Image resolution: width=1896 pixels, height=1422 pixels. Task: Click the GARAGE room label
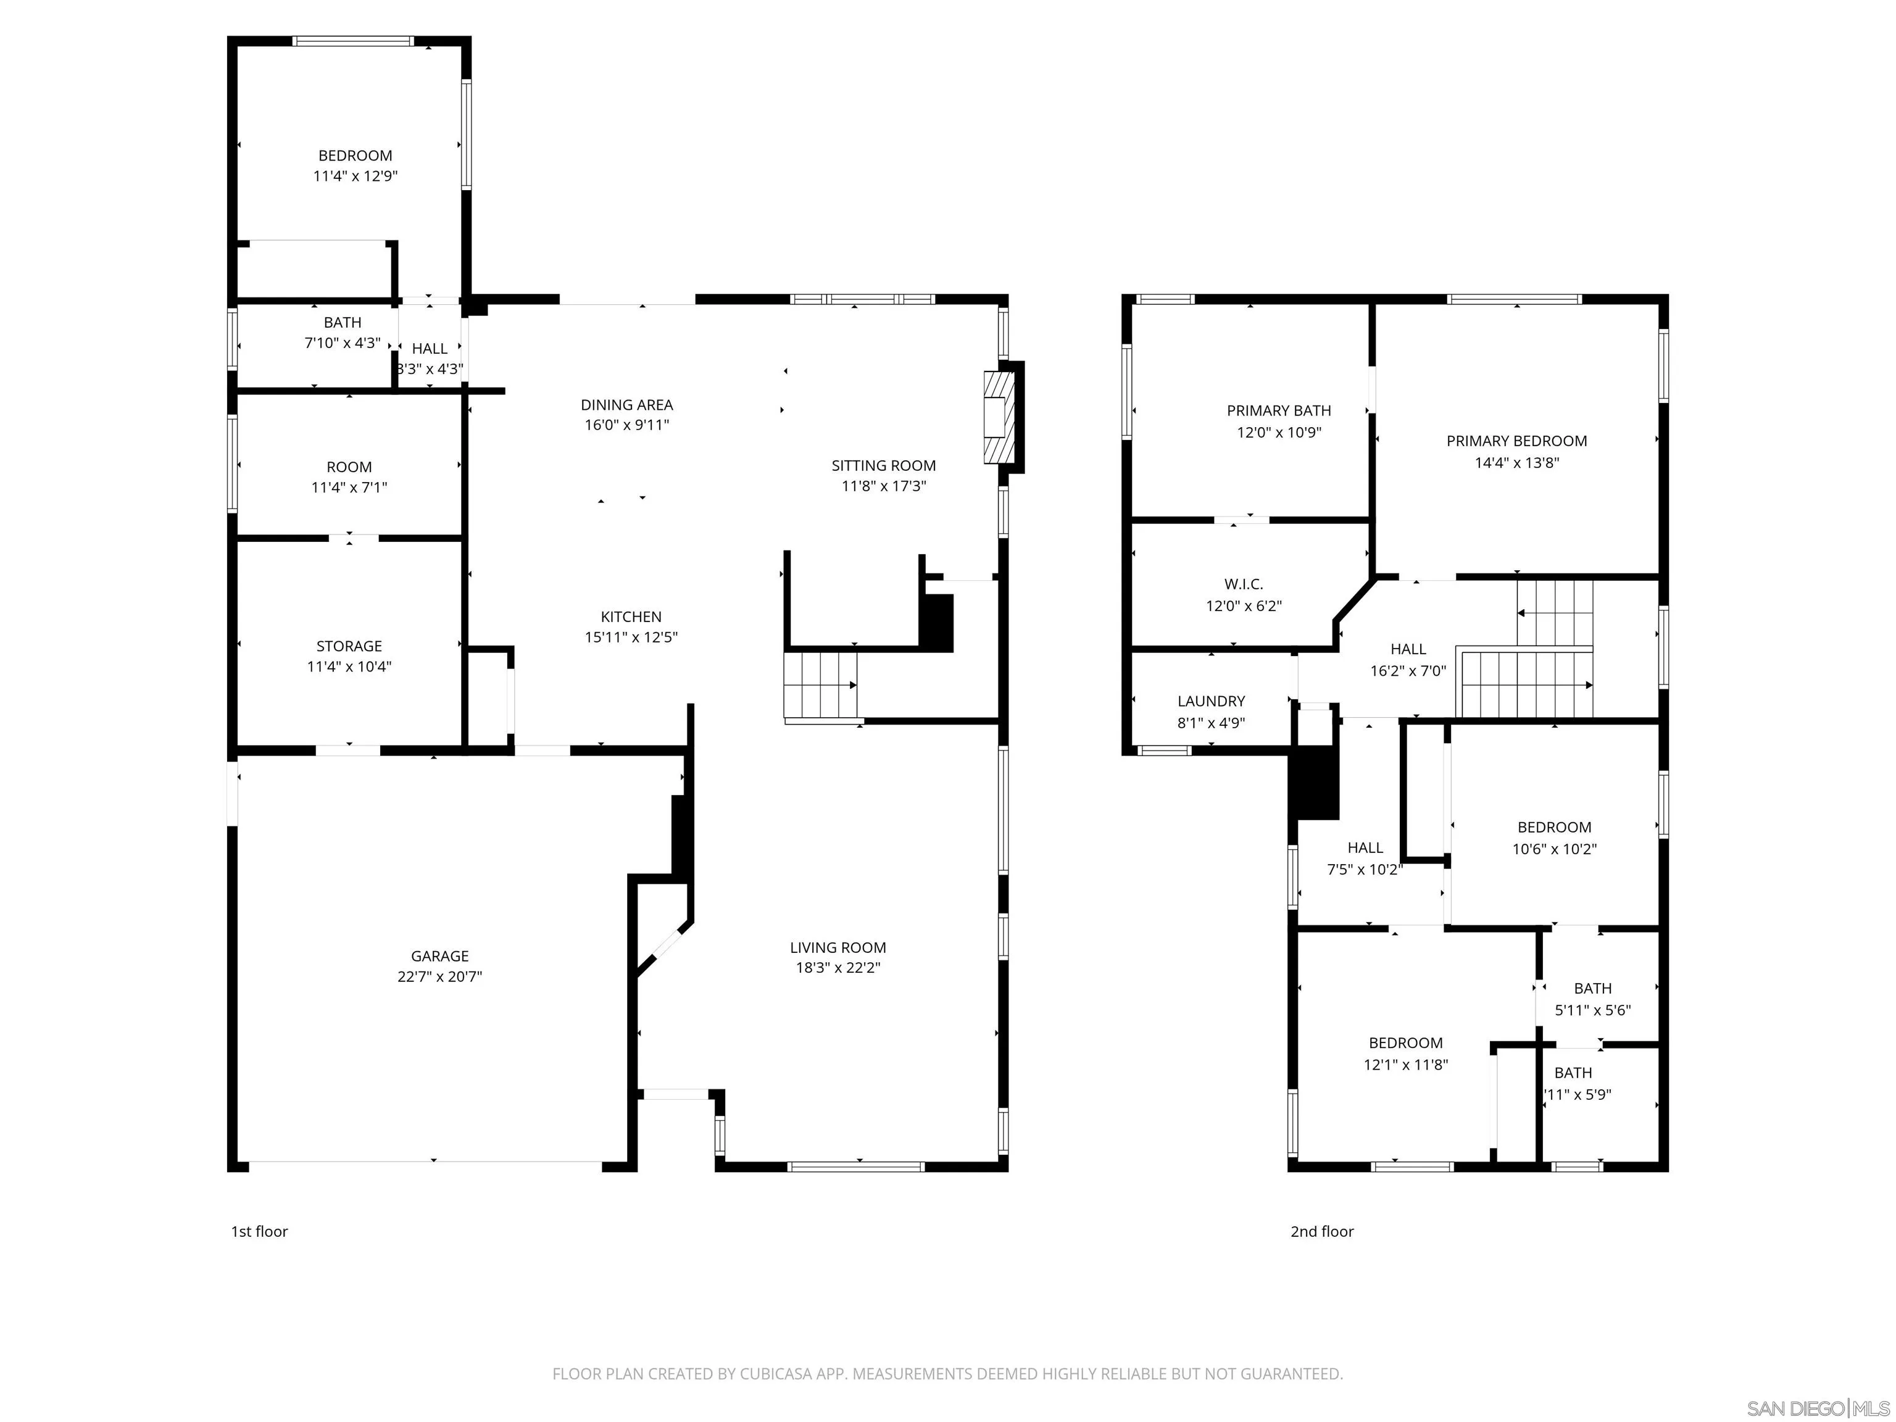439,955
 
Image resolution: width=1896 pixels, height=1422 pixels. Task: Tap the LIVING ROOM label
838,947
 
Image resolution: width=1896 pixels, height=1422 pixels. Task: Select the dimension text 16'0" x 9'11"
626,425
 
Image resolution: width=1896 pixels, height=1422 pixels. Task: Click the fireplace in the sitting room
997,417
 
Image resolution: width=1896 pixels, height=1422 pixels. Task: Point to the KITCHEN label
631,617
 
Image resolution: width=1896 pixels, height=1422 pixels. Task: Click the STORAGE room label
349,646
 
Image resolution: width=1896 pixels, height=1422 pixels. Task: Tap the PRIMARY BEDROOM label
1516,441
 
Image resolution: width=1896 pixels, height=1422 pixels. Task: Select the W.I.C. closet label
1243,584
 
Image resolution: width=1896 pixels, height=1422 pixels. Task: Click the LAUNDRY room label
1210,701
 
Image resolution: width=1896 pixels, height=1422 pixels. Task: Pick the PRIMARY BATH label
1278,410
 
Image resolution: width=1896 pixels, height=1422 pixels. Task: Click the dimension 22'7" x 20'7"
439,977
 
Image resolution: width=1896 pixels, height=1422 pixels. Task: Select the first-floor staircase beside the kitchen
820,686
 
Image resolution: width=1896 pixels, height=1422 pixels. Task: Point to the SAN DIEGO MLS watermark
1817,1408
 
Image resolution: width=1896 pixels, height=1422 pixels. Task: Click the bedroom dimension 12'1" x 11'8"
1406,1065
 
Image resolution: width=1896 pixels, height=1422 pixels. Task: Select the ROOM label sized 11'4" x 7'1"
349,467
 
